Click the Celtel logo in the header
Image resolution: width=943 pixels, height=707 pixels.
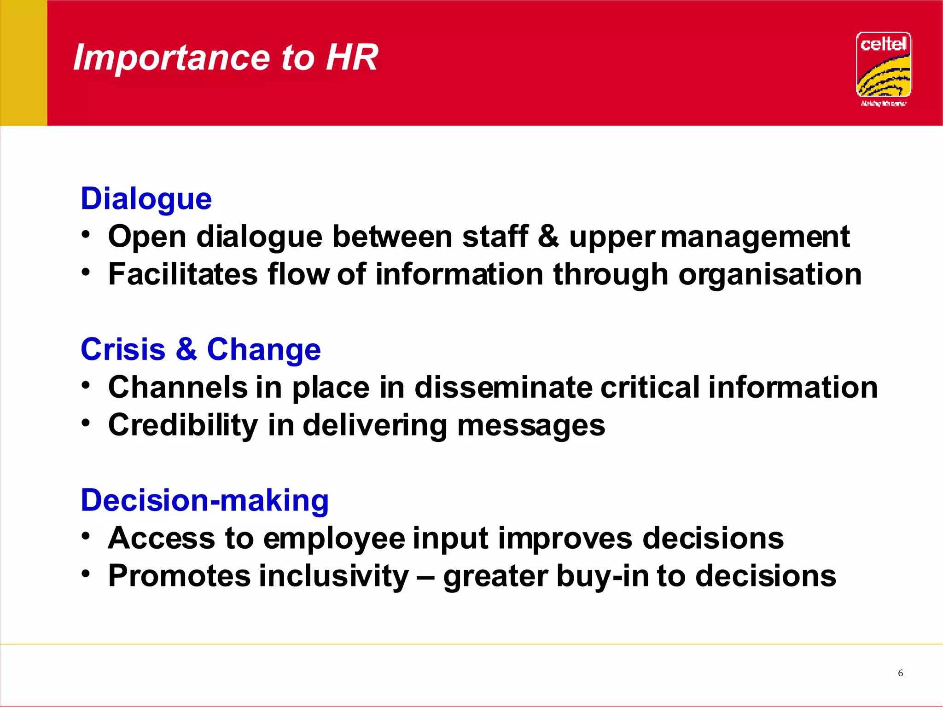[883, 65]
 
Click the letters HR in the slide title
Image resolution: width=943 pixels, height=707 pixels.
[352, 58]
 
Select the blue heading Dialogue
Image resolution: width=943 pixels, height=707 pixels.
[146, 199]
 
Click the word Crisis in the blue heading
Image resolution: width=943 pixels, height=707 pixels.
[123, 349]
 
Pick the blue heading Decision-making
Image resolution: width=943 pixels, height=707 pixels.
[204, 500]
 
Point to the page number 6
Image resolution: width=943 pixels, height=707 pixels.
[900, 673]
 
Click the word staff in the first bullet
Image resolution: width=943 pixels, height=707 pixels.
[495, 237]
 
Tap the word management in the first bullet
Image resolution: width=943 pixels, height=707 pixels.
[755, 238]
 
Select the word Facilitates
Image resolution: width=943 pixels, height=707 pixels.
[182, 274]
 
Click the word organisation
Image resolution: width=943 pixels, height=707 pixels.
[770, 275]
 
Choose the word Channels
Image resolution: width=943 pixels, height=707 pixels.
[178, 387]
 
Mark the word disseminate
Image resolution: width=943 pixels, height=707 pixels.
[503, 387]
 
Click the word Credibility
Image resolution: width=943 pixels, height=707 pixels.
[183, 425]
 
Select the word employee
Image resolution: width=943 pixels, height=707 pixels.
[334, 539]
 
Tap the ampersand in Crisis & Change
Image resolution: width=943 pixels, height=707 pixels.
[186, 349]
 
